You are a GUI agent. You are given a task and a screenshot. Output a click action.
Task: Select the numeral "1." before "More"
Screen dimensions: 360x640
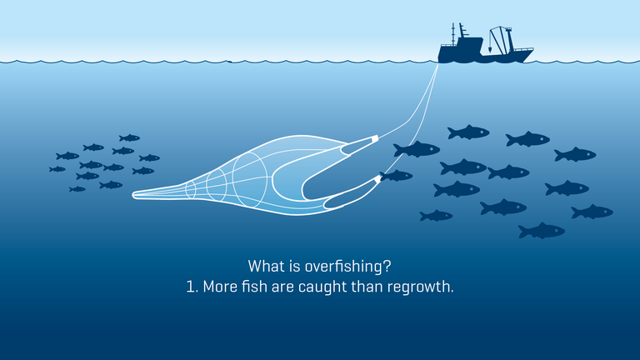click(192, 287)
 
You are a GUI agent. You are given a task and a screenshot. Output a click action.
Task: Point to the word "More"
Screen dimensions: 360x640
click(222, 287)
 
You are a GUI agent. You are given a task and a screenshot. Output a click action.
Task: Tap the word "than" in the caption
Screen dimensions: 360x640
click(369, 287)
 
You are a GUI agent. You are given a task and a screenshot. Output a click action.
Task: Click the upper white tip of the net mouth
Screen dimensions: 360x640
click(375, 137)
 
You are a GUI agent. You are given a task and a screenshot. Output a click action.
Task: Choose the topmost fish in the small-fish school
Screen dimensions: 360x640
click(129, 137)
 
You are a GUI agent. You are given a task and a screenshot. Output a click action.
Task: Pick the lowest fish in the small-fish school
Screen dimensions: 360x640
click(77, 189)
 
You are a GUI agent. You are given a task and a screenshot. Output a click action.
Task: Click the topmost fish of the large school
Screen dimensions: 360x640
click(468, 132)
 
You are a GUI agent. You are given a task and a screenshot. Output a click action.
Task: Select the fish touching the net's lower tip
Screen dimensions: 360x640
click(397, 176)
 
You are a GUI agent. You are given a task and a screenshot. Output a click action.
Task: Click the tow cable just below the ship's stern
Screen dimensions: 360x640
click(434, 72)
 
